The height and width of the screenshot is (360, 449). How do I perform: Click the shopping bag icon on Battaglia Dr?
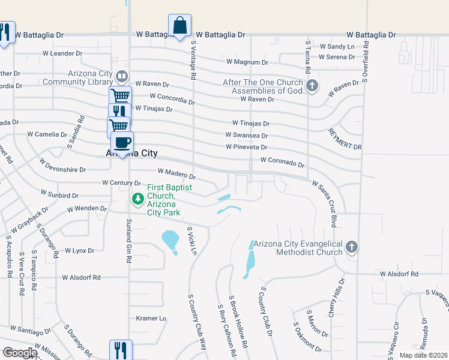pyautogui.click(x=179, y=26)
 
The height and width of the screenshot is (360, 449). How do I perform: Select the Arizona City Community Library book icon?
pyautogui.click(x=121, y=76)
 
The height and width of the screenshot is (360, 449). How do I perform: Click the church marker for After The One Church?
pyautogui.click(x=312, y=86)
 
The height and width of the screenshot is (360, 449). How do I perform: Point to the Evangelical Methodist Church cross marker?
pyautogui.click(x=352, y=247)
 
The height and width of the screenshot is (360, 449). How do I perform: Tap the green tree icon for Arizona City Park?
pyautogui.click(x=138, y=197)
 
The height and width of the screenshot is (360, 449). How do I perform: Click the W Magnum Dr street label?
pyautogui.click(x=247, y=62)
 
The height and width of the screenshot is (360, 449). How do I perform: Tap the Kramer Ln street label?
pyautogui.click(x=151, y=318)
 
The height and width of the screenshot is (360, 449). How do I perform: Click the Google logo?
pyautogui.click(x=19, y=352)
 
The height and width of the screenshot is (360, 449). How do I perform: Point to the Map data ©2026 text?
pyautogui.click(x=423, y=355)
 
